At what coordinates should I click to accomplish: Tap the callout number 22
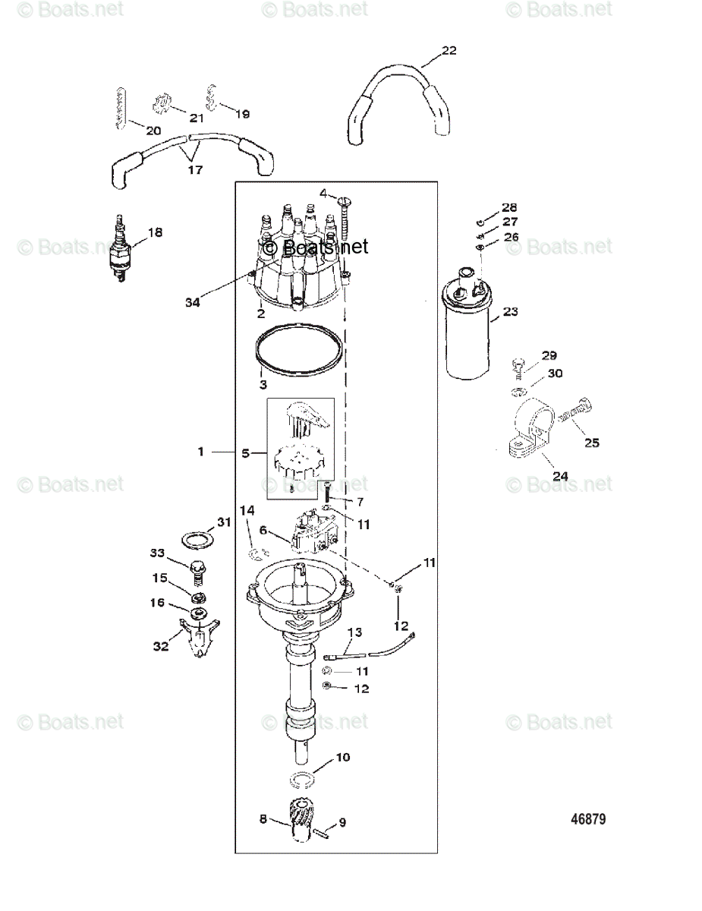tap(449, 51)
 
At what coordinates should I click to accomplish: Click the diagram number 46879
tap(588, 820)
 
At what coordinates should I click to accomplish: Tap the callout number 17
tap(195, 169)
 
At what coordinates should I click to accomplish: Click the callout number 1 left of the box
tap(201, 452)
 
